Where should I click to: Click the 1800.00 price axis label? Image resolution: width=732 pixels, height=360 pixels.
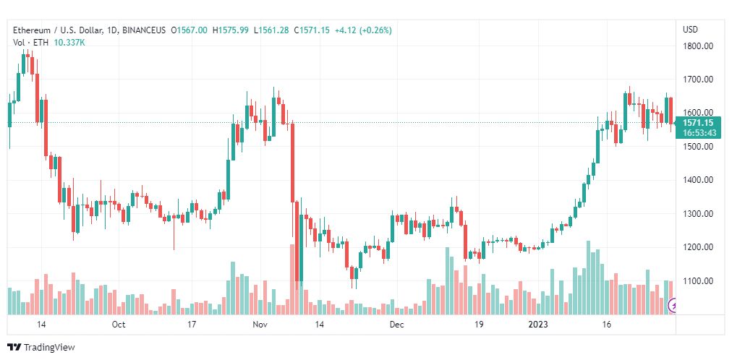tap(698, 46)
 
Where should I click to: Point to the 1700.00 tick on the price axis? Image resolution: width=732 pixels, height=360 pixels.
tap(698, 80)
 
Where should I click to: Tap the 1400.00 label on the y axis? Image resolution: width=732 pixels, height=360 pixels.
tap(698, 180)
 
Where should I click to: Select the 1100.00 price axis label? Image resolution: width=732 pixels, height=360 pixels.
tap(698, 280)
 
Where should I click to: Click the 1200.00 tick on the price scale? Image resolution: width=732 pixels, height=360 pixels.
tap(698, 247)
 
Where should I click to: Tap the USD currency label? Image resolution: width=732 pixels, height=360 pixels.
tap(690, 30)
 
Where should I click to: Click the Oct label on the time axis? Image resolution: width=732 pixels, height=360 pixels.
tap(119, 325)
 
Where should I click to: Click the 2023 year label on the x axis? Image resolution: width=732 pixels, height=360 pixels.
tap(537, 325)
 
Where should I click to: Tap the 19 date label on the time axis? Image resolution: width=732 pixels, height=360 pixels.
tap(478, 325)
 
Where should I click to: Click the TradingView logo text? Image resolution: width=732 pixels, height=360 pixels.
tap(48, 348)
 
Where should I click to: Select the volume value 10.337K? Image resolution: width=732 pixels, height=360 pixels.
tap(70, 42)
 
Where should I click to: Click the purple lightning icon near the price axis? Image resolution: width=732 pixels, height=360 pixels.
tap(674, 306)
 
